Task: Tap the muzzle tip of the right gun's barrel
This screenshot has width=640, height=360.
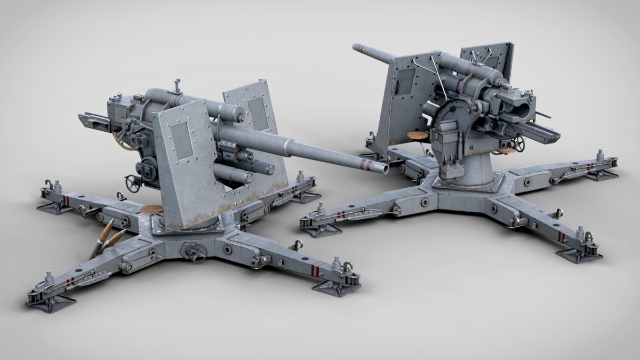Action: click(x=355, y=47)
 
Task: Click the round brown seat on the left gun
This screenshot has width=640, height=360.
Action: click(x=151, y=210)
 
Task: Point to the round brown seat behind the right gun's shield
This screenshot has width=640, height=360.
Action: click(x=417, y=136)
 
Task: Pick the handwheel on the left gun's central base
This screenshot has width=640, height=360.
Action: click(x=193, y=251)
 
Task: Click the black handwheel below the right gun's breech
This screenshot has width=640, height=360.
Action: click(x=519, y=144)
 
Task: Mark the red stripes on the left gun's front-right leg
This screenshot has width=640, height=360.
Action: click(x=315, y=270)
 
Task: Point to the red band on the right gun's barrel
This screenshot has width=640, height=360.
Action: click(x=362, y=49)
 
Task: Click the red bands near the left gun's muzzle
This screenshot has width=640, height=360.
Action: click(x=366, y=163)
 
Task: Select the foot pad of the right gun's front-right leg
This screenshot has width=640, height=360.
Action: click(x=579, y=255)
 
